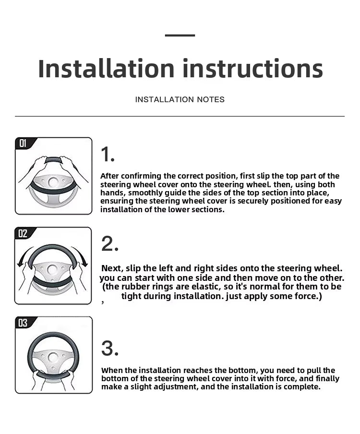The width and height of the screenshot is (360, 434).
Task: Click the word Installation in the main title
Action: pos(106,68)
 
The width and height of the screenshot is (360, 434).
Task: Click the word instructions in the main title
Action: pos(252,68)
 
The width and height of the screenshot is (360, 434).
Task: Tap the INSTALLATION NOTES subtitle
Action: pos(180,99)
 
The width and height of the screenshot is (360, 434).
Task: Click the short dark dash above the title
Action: pos(180,36)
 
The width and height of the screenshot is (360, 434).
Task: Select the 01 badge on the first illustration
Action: pos(23,143)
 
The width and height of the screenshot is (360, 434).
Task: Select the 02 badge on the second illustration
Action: pos(23,233)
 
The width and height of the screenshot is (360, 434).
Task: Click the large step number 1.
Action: pos(108,154)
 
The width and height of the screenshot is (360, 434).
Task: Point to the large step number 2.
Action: pos(110,244)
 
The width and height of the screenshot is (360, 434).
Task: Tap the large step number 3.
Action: pos(110,348)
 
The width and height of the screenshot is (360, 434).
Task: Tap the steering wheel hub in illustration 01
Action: pos(53,182)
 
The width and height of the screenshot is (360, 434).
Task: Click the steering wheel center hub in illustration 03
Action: pos(53,357)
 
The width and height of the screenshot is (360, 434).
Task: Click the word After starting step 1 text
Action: pos(110,176)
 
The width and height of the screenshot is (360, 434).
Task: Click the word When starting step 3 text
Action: pos(112,370)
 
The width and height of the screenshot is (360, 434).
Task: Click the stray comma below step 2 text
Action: pos(103,302)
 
